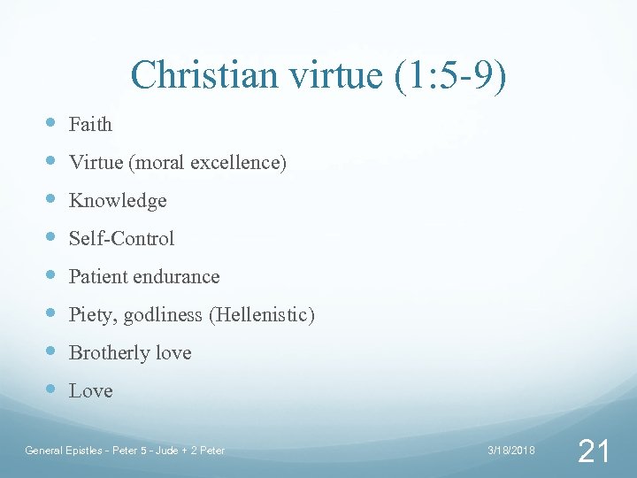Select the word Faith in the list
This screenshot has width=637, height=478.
90,125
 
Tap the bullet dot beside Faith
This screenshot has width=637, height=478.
49,123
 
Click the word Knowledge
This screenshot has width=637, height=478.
118,201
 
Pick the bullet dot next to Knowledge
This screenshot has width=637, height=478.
49,199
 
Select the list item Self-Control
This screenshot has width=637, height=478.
121,239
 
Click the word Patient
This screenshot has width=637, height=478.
97,277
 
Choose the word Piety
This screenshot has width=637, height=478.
90,315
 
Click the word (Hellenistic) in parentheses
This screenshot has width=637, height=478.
261,315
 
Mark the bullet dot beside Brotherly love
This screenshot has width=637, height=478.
49,351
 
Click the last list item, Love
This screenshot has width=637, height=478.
90,391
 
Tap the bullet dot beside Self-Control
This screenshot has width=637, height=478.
49,237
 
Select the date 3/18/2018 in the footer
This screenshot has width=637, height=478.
511,451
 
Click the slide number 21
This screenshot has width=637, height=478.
593,452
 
